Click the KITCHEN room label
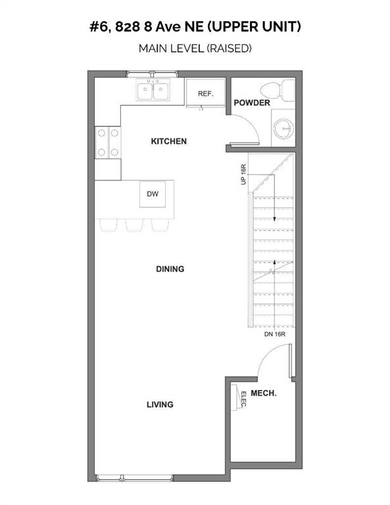tap(169, 141)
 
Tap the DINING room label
tap(170, 269)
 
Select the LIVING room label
tap(160, 404)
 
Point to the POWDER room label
tap(252, 103)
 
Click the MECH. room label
tap(264, 393)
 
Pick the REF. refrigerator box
tap(205, 92)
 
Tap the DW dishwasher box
tap(153, 194)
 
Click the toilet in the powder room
tap(278, 90)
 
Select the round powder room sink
tap(283, 129)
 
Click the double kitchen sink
tap(153, 90)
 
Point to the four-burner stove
tap(108, 142)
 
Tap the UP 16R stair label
tap(243, 174)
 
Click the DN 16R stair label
tap(275, 334)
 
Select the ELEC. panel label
tap(244, 399)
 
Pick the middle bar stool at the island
tap(135, 225)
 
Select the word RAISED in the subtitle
tap(229, 48)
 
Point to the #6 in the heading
tap(98, 27)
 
